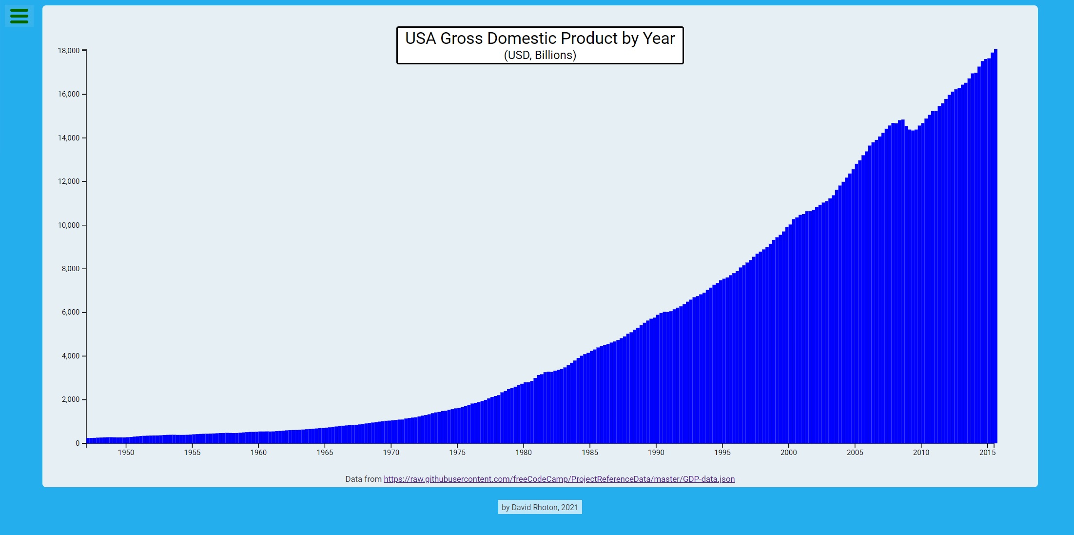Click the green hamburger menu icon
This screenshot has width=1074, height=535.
[x=19, y=16]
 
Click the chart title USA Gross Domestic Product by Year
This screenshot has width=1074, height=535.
[x=540, y=39]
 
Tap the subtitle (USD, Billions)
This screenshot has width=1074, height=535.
[x=540, y=55]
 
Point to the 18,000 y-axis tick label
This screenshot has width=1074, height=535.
[x=68, y=51]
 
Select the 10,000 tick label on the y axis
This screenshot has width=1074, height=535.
[x=68, y=225]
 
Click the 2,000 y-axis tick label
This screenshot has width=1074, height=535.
[x=70, y=399]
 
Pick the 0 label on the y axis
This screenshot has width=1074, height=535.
[x=78, y=443]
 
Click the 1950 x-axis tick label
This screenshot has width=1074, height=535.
[x=126, y=453]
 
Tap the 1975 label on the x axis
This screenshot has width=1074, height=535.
[x=457, y=453]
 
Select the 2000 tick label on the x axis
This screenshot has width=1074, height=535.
[x=788, y=453]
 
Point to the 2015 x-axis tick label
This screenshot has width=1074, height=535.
[x=987, y=453]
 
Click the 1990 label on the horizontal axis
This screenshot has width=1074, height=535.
[x=656, y=453]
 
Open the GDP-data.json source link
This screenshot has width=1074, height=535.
[x=559, y=479]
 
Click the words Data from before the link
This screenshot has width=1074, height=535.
[x=363, y=479]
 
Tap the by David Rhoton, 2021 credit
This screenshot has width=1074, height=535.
[x=540, y=507]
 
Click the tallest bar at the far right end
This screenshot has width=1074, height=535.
[x=996, y=244]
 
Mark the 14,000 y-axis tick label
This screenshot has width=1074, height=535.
[x=68, y=138]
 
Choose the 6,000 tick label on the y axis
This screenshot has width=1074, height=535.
[x=70, y=312]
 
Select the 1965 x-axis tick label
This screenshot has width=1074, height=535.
[x=325, y=453]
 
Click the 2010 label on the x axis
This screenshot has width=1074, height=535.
[x=921, y=453]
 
